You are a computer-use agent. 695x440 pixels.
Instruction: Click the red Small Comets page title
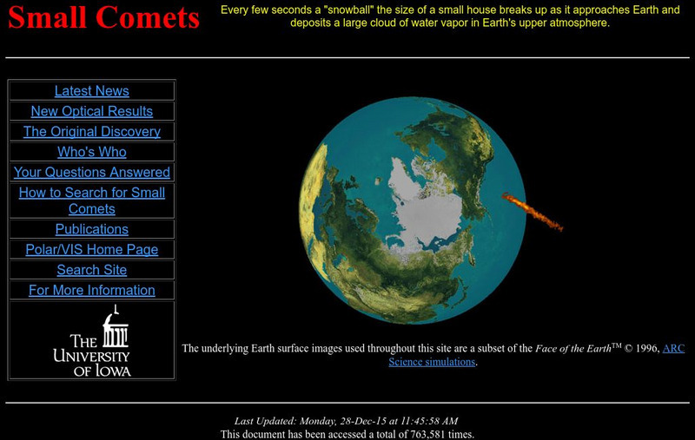click(x=103, y=19)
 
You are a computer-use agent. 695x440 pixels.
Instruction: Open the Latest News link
click(x=91, y=91)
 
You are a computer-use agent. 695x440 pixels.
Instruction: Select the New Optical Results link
click(x=91, y=111)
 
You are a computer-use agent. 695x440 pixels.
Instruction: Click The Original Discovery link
click(x=91, y=132)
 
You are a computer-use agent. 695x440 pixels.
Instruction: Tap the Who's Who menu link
click(x=91, y=152)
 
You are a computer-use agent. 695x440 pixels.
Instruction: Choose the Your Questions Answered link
click(x=91, y=173)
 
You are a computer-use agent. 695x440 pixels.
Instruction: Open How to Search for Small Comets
click(x=91, y=200)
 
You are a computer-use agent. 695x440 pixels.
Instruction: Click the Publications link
click(x=91, y=229)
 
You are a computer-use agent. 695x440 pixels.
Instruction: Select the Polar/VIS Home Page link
click(x=91, y=250)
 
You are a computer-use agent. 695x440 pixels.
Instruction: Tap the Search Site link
click(x=91, y=270)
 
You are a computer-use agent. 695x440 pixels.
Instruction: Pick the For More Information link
click(x=91, y=291)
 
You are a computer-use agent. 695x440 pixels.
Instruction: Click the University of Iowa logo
click(x=91, y=341)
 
